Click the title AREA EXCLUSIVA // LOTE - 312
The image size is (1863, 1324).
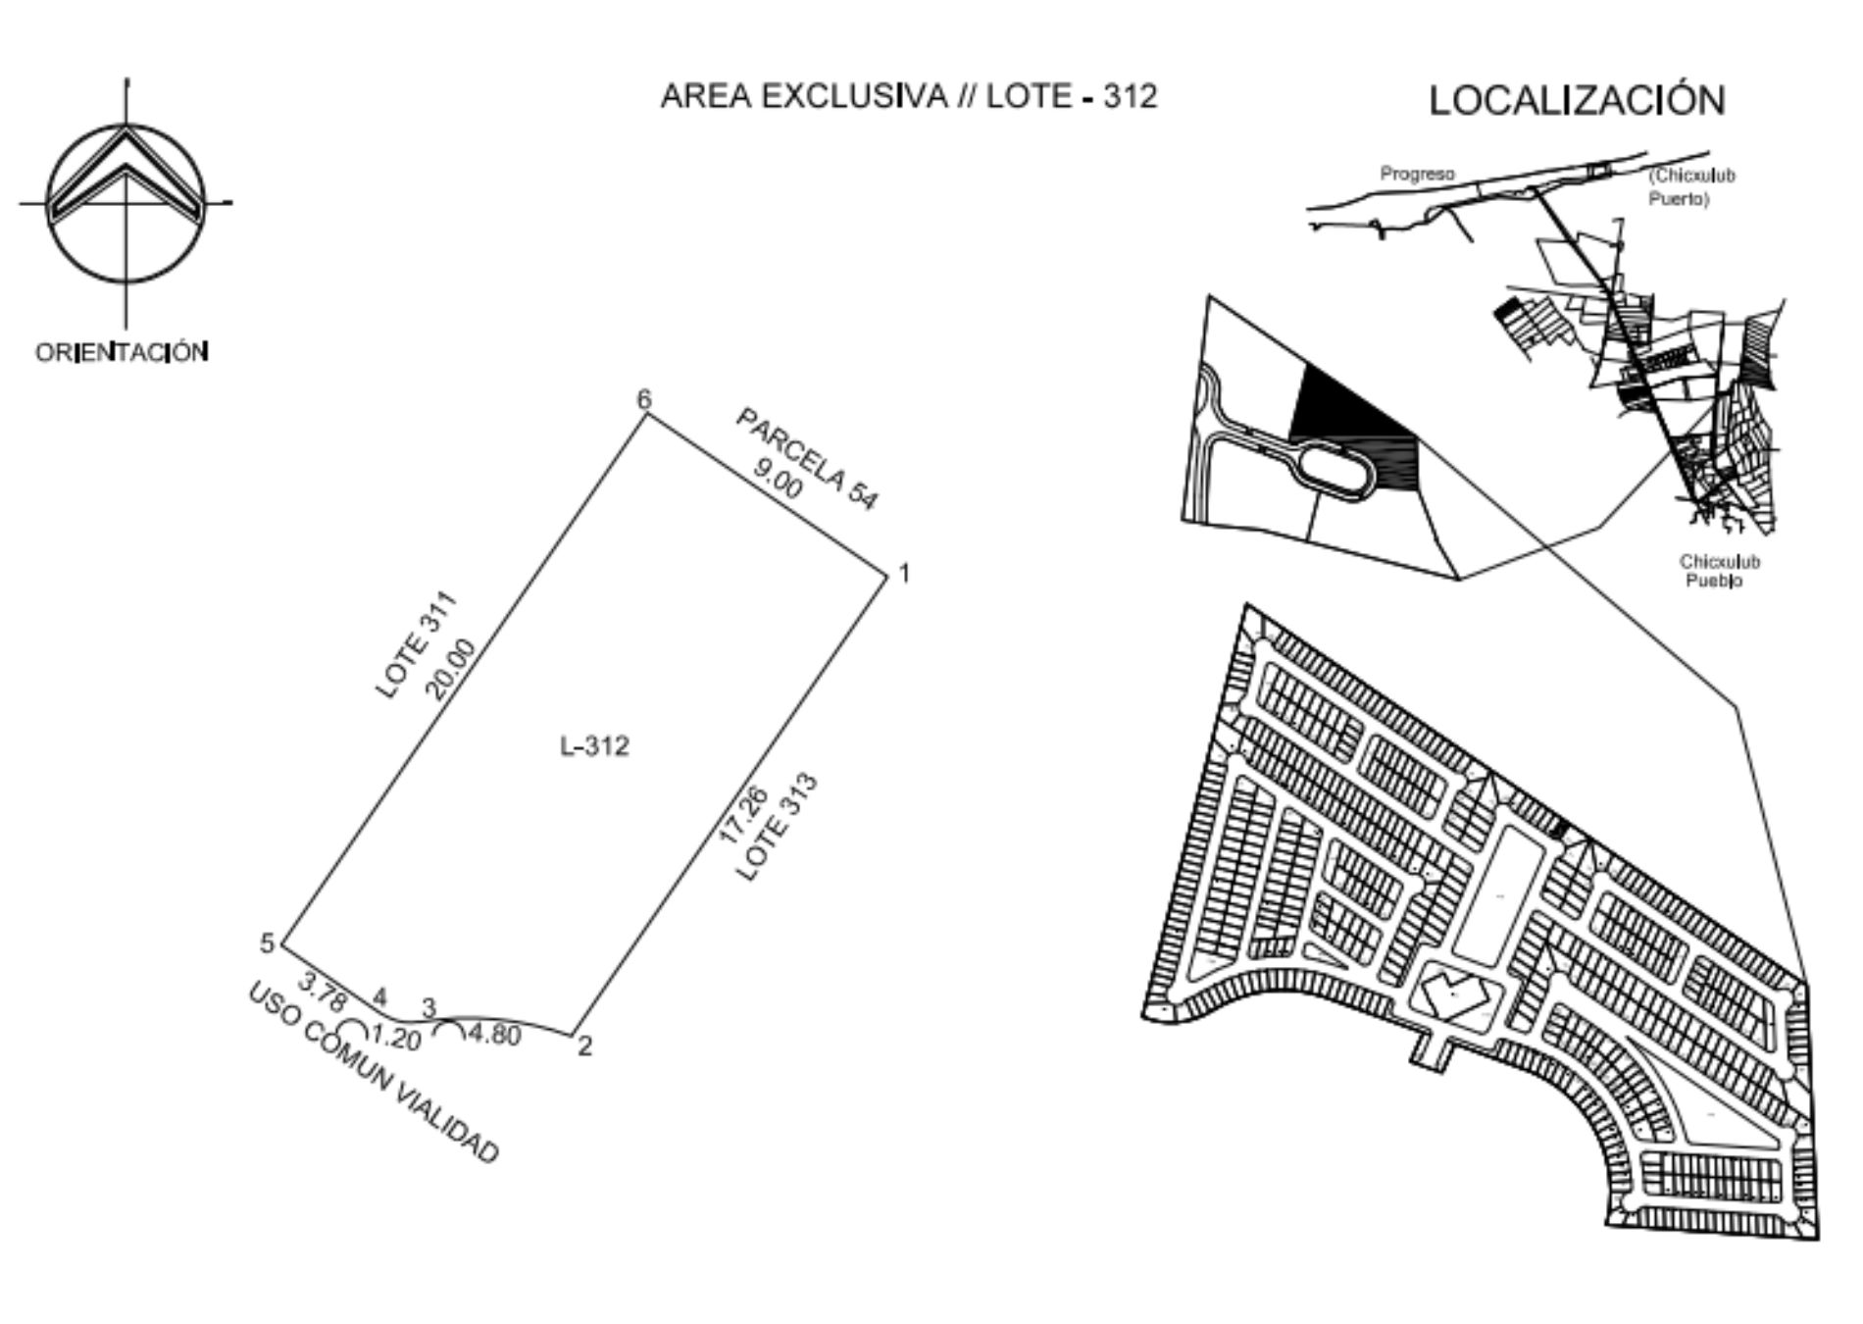pos(909,96)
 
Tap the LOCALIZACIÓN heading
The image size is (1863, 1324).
pos(1577,100)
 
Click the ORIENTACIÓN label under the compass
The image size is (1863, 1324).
pos(122,352)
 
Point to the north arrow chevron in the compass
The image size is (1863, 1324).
pos(126,167)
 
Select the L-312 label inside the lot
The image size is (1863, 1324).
pos(594,746)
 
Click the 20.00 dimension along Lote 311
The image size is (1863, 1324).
pos(450,669)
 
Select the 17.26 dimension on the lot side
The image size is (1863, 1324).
pos(743,814)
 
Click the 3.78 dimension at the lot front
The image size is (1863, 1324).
pos(323,992)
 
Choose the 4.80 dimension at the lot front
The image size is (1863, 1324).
pos(494,1035)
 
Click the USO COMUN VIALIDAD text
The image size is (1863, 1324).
pos(374,1073)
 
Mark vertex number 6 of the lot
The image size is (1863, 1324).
pos(644,399)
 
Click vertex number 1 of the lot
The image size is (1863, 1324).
pos(904,573)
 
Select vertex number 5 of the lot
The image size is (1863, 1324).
pos(267,943)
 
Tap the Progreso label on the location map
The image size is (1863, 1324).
pos(1417,175)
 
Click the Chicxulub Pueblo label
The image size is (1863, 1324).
pos(1719,571)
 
